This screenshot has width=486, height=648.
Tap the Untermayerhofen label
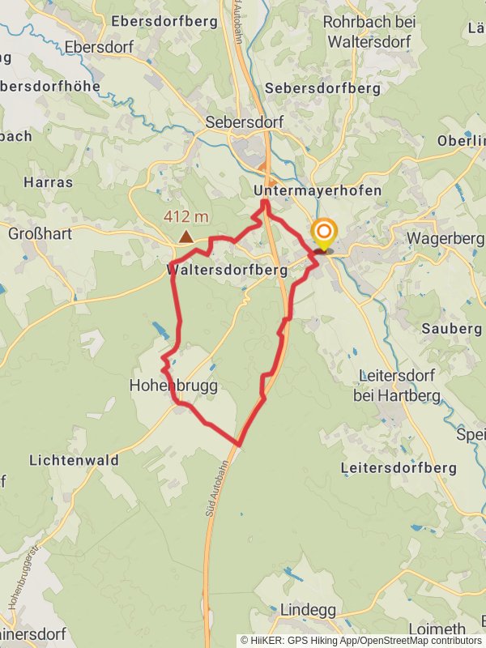coord(318,190)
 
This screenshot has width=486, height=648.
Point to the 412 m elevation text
coord(186,217)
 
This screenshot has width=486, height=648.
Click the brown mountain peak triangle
coord(186,237)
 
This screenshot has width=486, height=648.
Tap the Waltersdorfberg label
coord(227,269)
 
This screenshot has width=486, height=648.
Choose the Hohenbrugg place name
coord(173,386)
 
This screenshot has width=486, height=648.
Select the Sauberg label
coord(452,329)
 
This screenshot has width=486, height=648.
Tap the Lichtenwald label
coord(74,460)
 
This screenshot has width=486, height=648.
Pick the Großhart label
coord(40,234)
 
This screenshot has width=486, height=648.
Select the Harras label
coord(49,182)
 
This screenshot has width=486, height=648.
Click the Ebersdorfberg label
coord(168,21)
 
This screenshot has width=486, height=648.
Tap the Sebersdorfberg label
coord(322,88)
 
